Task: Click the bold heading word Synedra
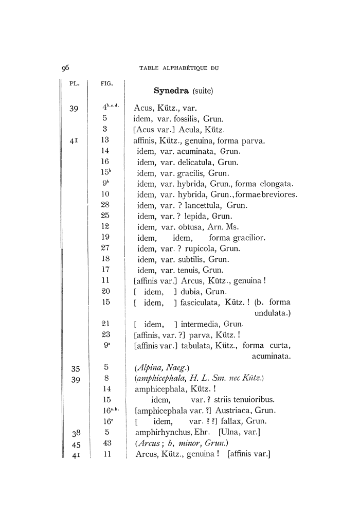point(172,91)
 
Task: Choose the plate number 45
point(74,443)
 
